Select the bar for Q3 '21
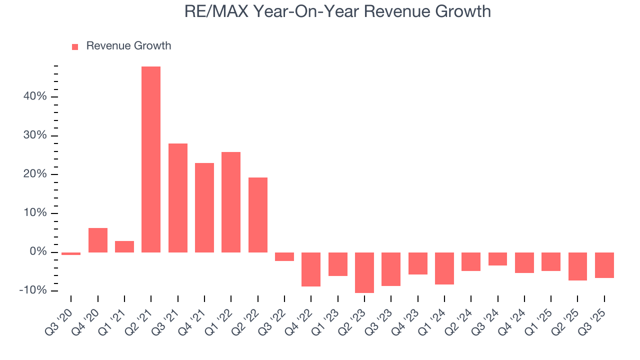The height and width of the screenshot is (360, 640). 177,197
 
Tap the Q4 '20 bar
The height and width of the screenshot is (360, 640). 98,240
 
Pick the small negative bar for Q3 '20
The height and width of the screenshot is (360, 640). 71,253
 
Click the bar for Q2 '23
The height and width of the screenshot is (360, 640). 364,272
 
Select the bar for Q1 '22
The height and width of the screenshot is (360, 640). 231,202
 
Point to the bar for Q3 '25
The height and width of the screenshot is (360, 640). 604,265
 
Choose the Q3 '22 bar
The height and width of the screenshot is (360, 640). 284,256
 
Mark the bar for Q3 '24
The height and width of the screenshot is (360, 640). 497,259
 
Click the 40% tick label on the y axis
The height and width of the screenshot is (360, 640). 35,96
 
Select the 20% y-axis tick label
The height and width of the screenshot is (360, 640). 35,174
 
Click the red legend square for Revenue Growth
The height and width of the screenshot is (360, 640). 75,46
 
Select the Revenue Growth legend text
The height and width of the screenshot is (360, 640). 128,46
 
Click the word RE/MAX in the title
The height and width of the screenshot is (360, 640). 216,11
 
